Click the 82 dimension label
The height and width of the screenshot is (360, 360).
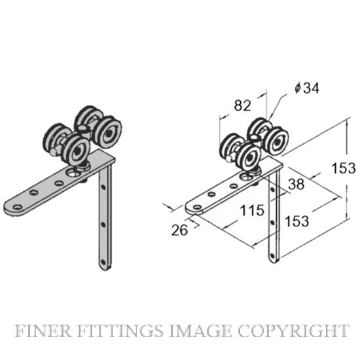242,106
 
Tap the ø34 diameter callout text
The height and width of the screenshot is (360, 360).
307,88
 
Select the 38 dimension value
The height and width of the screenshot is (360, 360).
297,184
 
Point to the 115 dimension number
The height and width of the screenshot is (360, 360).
252,210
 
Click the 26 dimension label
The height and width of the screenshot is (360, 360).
179,230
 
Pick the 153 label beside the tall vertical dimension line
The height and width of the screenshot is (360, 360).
344,168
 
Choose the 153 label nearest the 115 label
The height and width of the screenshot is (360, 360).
297,221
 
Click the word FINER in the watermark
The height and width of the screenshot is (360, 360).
43,331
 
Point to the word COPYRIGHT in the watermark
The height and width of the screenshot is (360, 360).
293,331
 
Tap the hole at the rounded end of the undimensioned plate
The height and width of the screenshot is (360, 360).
18,207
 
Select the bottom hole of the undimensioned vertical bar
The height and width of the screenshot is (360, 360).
102,262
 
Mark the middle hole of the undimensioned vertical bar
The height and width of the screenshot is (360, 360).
103,224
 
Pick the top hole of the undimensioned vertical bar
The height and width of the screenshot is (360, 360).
103,187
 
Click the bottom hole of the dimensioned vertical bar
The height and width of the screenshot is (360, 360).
272,255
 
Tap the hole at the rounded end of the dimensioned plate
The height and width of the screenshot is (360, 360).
197,207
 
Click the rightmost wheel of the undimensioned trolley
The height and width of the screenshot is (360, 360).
108,132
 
